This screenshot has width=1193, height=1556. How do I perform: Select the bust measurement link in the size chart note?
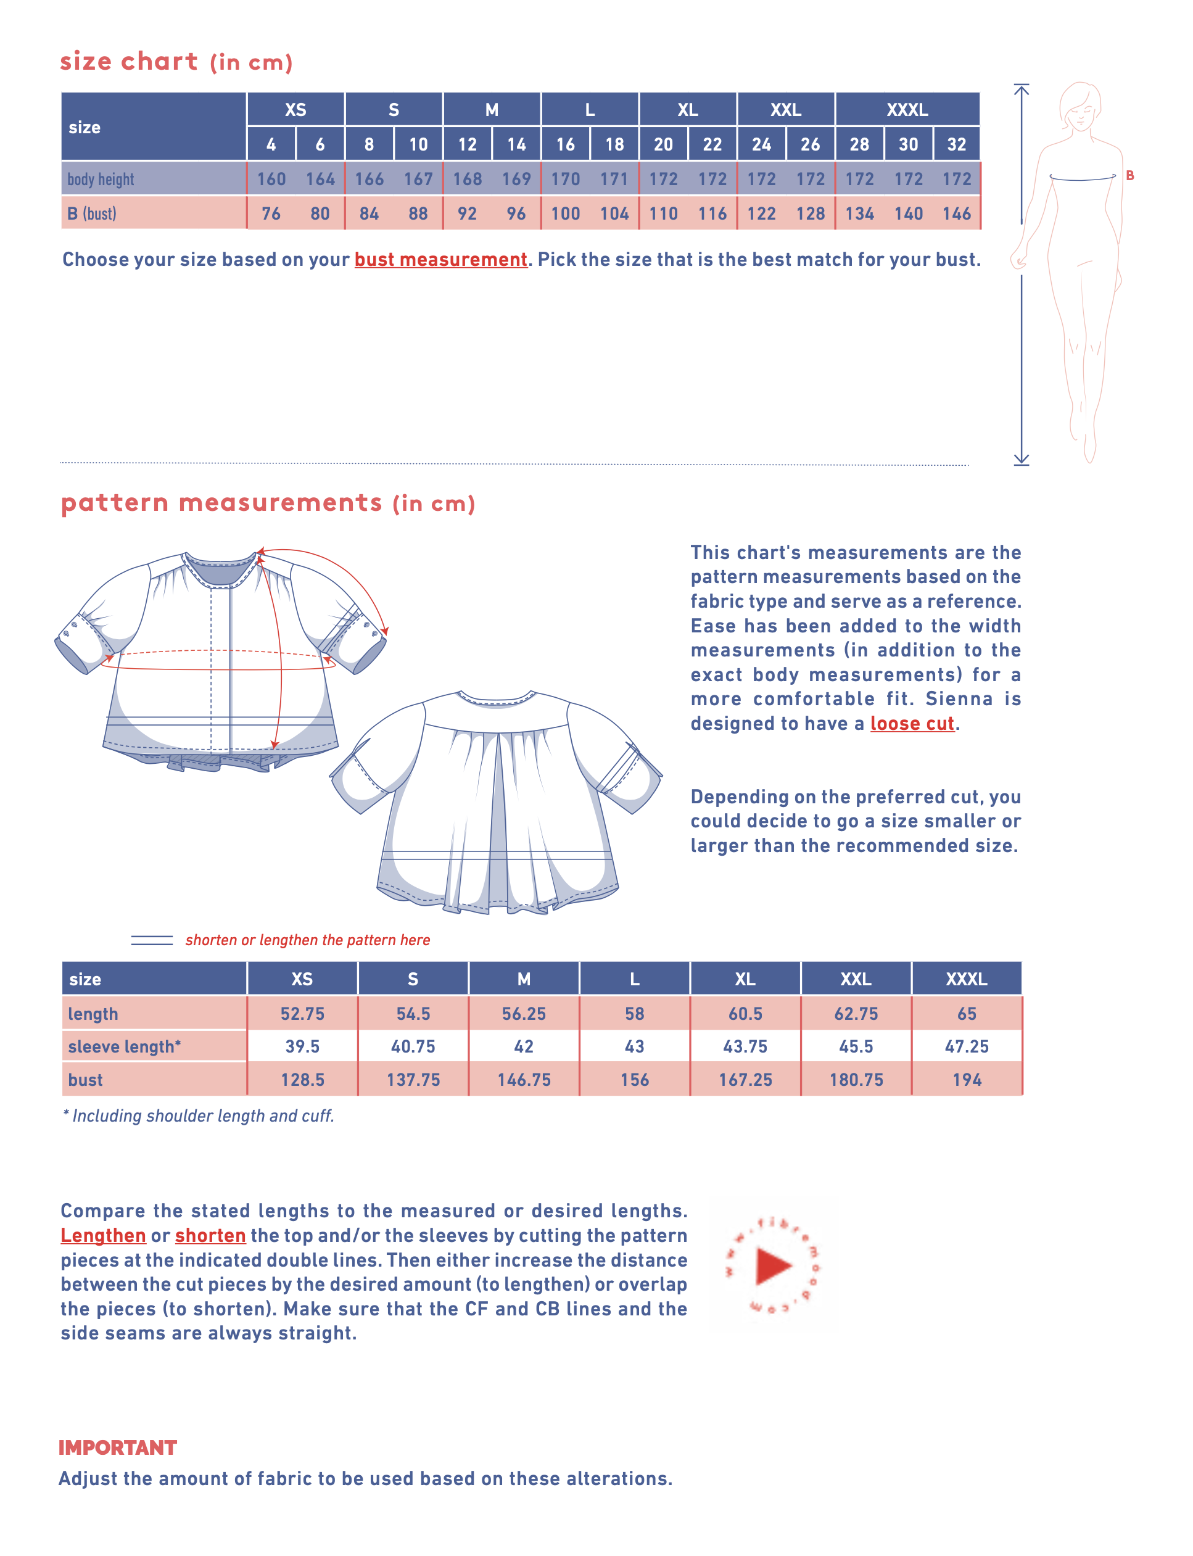[440, 260]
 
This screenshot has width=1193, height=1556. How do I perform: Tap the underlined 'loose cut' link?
[912, 724]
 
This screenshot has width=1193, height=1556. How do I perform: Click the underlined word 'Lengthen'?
[103, 1236]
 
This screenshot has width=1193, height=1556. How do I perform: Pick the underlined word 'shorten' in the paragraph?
[210, 1236]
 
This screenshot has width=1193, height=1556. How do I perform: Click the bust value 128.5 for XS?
[302, 1080]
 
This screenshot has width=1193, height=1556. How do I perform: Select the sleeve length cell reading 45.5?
[856, 1047]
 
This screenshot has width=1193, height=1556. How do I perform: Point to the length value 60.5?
[745, 1014]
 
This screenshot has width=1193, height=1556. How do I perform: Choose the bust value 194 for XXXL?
[967, 1080]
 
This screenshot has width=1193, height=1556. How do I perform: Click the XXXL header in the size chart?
[907, 110]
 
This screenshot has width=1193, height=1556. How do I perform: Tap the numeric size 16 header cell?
[565, 145]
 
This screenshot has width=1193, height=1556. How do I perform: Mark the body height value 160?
[271, 179]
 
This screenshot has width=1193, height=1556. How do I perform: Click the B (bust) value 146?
[957, 213]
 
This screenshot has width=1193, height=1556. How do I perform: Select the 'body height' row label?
[101, 180]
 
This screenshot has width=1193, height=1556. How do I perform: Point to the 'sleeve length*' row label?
[124, 1047]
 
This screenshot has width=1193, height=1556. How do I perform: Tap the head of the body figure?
[1080, 107]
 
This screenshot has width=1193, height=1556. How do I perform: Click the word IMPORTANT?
[118, 1448]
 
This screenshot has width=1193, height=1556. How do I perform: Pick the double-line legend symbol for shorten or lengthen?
[152, 940]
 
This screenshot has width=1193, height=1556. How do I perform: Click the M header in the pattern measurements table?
[523, 979]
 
